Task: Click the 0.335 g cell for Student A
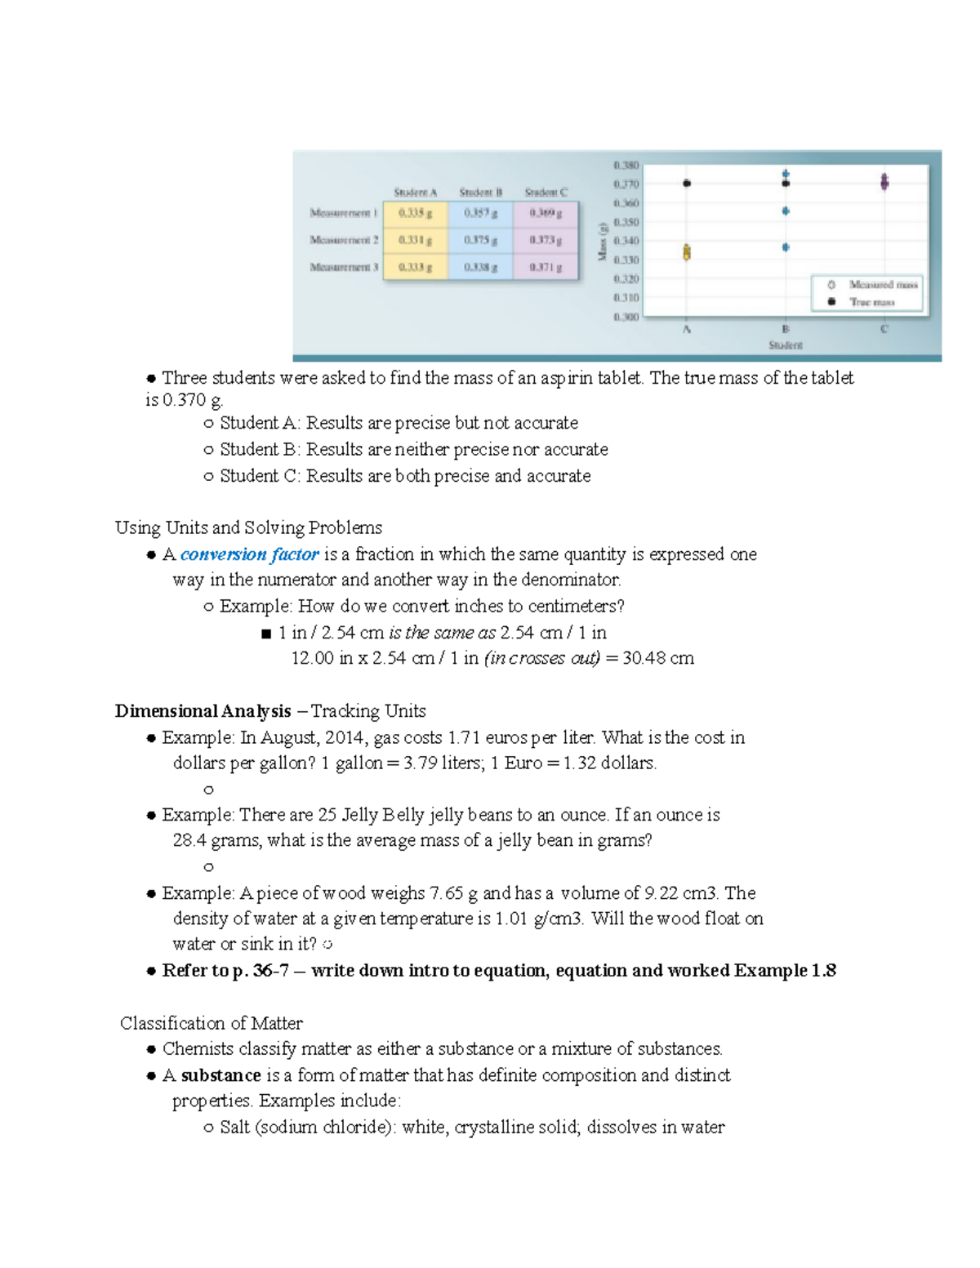[x=416, y=213]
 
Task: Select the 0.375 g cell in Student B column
[x=481, y=240]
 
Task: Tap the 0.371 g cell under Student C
[x=546, y=267]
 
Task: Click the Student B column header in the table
[x=480, y=193]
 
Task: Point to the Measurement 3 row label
[x=344, y=267]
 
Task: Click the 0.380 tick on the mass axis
[x=626, y=165]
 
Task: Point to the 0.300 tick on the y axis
[x=626, y=317]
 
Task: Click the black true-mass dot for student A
[x=687, y=184]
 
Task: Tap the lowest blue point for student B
[x=786, y=247]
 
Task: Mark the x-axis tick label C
[x=884, y=329]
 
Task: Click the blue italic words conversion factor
[x=249, y=554]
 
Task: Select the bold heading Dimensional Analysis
[x=203, y=711]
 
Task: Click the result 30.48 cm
[x=657, y=658]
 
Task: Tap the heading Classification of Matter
[x=211, y=1023]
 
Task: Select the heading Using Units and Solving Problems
[x=248, y=528]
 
